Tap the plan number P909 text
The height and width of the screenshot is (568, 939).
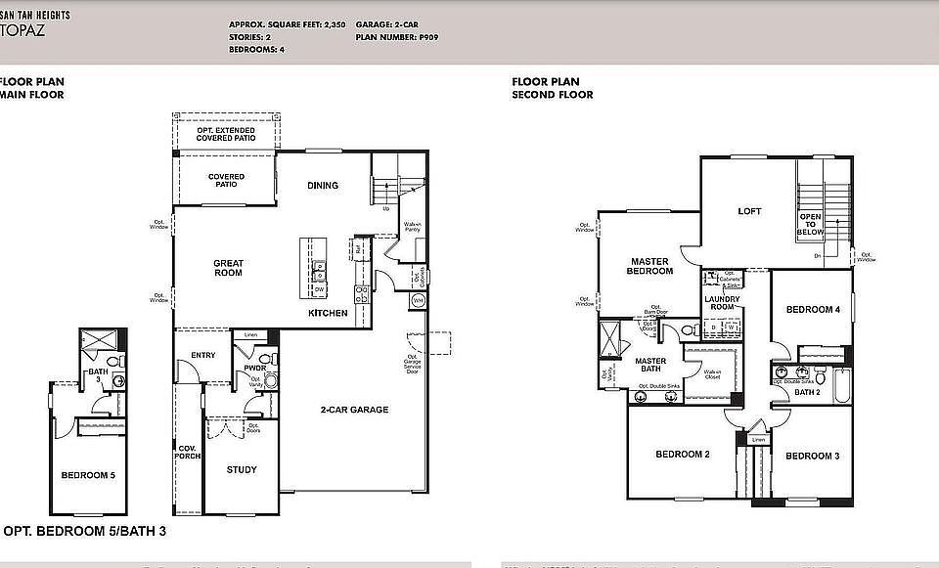(426, 36)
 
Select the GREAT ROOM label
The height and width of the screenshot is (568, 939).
(228, 267)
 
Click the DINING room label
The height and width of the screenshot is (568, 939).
(322, 185)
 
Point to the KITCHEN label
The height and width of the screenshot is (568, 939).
(328, 314)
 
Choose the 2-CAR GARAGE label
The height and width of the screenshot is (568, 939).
(355, 410)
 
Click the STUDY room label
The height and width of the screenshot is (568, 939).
(242, 469)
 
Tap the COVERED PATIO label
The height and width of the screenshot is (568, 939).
(226, 181)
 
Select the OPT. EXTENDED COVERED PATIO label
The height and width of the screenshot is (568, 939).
(226, 134)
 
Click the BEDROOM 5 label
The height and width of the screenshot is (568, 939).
(88, 475)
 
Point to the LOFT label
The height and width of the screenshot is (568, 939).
(749, 211)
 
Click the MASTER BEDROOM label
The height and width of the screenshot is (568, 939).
(649, 266)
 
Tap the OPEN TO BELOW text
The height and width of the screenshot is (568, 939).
(810, 224)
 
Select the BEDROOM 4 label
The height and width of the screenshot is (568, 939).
(813, 310)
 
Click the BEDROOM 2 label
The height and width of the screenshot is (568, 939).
(682, 455)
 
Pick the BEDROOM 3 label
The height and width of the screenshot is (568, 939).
(812, 456)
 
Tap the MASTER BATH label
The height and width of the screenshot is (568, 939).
(650, 365)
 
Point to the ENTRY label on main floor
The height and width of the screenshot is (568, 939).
(204, 355)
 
